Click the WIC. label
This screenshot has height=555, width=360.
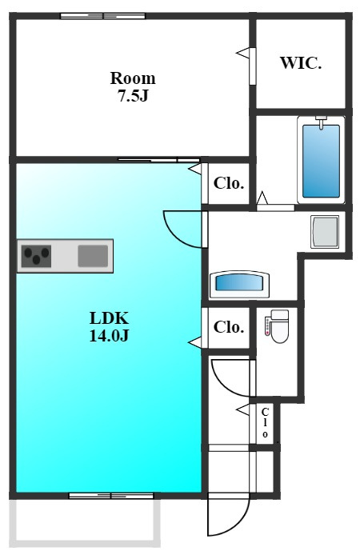[x=301, y=63]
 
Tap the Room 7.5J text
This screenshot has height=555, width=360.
[x=133, y=86]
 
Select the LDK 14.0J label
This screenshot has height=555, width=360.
[x=109, y=326]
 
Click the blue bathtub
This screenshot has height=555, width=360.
[x=321, y=160]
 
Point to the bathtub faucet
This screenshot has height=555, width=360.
[x=321, y=122]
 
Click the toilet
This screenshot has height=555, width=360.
[x=277, y=326]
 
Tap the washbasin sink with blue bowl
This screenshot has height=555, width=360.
[x=240, y=285]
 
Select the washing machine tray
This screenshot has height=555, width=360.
[x=325, y=232]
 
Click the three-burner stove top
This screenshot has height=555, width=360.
[x=36, y=256]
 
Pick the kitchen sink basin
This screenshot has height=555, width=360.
[x=93, y=256]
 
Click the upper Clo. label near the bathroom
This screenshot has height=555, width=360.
[x=229, y=183]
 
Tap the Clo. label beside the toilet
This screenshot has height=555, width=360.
[x=229, y=327]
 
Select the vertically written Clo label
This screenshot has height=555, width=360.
[x=265, y=422]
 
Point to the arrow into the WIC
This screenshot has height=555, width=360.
[x=242, y=53]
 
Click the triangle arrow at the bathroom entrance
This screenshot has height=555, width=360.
[x=262, y=198]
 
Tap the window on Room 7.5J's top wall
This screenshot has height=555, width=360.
[x=102, y=15]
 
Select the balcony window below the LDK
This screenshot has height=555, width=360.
[x=111, y=496]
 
